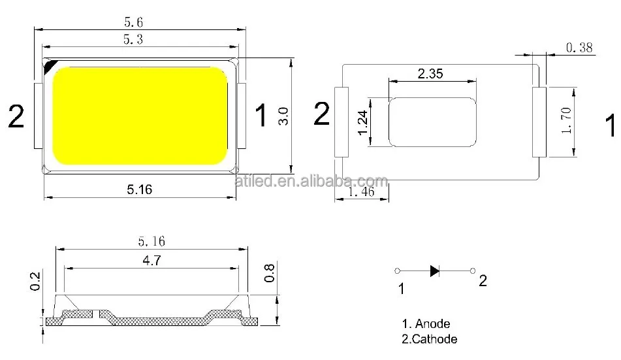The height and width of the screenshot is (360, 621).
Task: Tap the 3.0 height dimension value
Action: [x=283, y=116]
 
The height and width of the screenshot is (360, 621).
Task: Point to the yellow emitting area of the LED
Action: [x=139, y=115]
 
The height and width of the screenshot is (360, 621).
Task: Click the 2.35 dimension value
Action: [x=430, y=74]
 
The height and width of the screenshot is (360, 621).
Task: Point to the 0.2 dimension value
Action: [x=36, y=281]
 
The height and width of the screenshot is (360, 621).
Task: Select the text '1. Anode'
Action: [x=425, y=323]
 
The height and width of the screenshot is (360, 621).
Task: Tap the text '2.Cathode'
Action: [x=429, y=339]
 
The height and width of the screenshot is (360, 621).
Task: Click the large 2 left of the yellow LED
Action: [x=16, y=117]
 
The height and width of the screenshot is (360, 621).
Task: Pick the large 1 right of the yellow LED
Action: [x=260, y=116]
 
